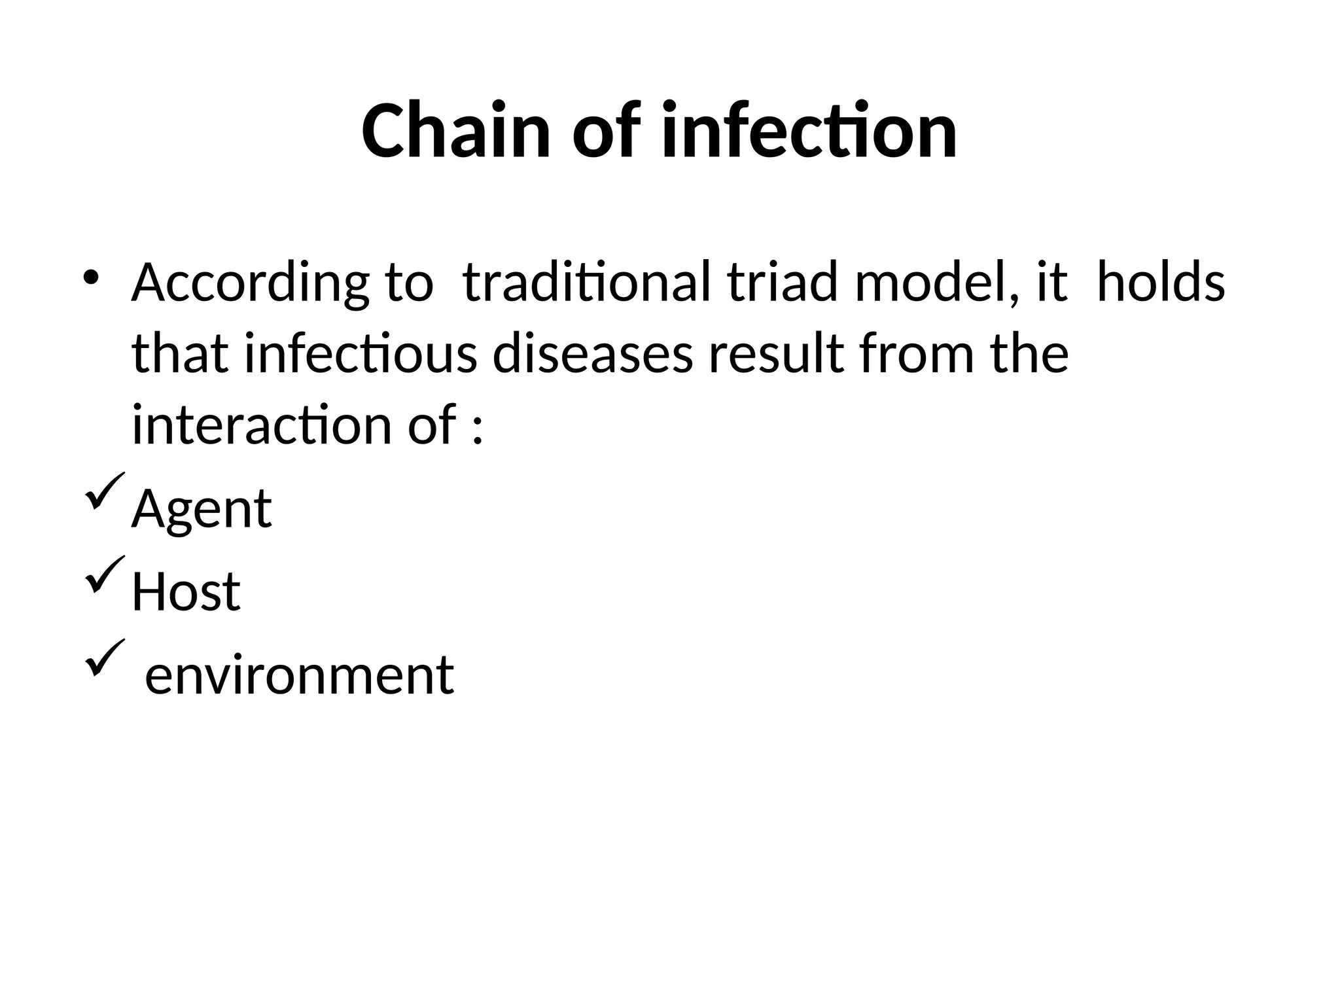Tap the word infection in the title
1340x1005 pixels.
(x=809, y=131)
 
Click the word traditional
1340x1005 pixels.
(x=586, y=283)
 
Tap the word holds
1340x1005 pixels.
(x=1160, y=283)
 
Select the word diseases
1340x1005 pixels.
(x=592, y=354)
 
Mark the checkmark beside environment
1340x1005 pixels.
(x=103, y=658)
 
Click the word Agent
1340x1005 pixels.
(x=202, y=509)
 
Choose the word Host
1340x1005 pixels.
(x=186, y=592)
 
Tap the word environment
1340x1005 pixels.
(x=299, y=675)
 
